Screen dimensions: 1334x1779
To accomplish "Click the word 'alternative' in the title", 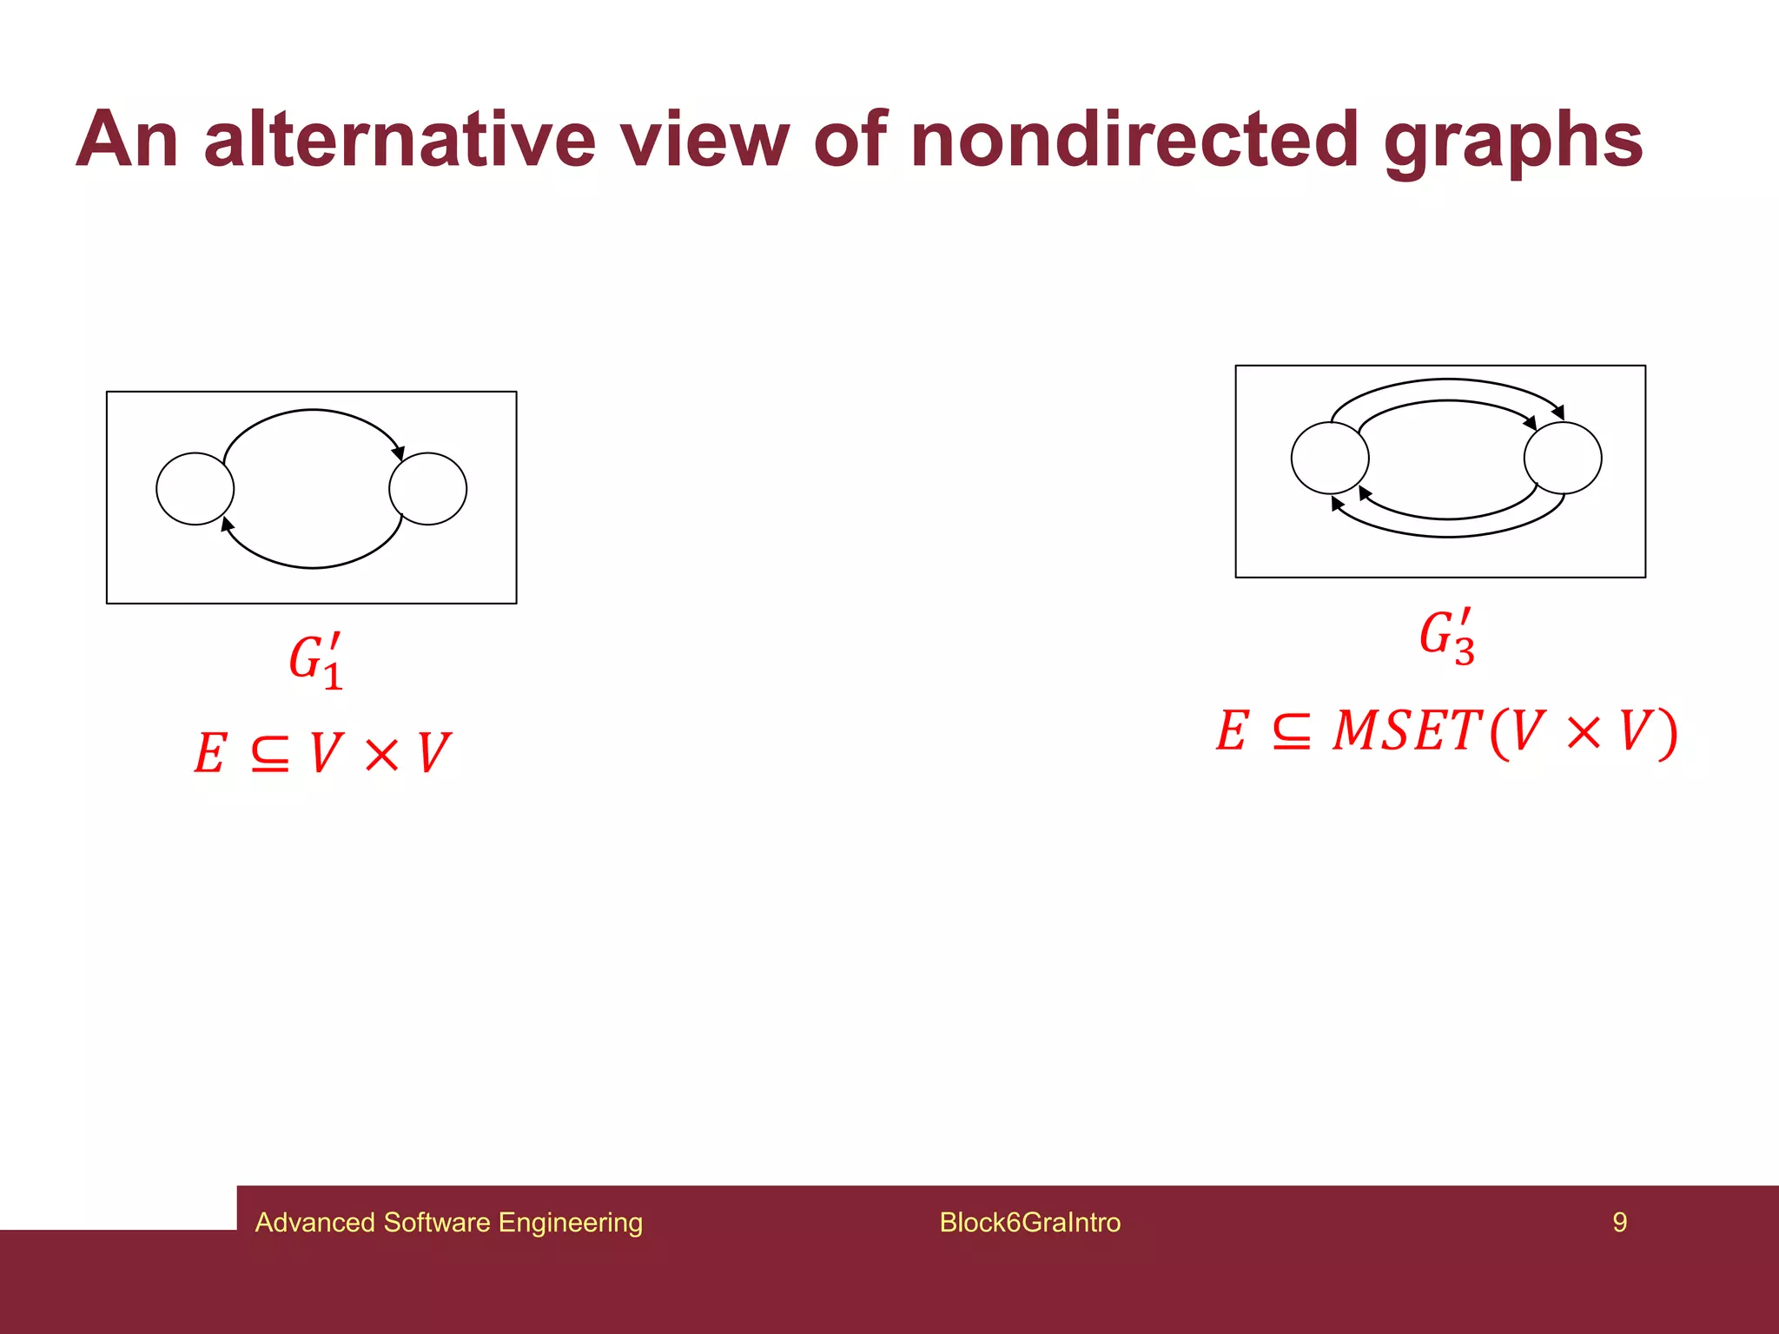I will (400, 141).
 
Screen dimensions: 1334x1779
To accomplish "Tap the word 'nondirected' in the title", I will (1135, 141).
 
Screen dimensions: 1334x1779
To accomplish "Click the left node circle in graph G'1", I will (195, 489).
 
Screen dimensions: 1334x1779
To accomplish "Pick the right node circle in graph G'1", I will (428, 489).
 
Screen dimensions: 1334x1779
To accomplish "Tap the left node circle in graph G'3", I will (1330, 458).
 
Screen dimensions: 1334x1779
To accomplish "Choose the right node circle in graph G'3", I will (1563, 458).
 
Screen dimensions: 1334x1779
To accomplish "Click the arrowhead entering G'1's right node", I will (399, 452).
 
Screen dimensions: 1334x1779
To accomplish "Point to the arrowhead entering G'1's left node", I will (227, 524).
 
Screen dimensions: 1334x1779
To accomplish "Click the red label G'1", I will (316, 662).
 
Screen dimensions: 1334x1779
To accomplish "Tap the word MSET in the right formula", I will (1407, 731).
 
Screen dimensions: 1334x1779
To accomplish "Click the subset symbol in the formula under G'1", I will (269, 754).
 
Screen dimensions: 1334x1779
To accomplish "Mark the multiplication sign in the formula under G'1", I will (381, 754).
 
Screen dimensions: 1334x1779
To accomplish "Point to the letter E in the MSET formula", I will (1233, 731).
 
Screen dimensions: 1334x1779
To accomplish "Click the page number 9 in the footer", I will (1619, 1222).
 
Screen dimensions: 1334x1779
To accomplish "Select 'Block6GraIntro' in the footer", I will (1029, 1222).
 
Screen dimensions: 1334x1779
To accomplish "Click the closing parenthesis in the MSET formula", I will (1666, 733).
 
